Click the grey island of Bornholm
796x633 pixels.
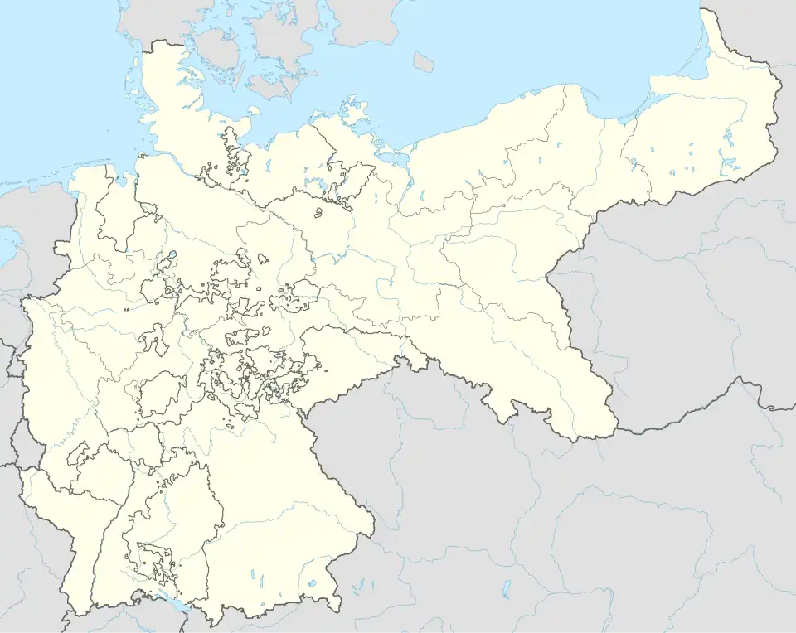click(424, 60)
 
